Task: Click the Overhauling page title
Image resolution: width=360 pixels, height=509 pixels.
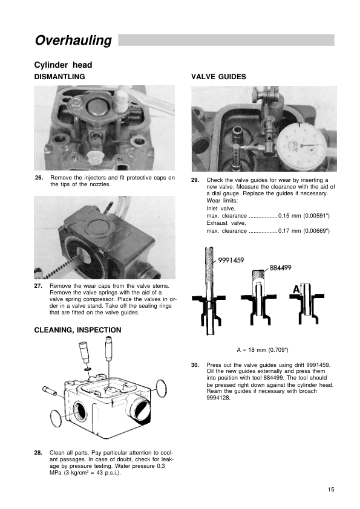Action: click(73, 41)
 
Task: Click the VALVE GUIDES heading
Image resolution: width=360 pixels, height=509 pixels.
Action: click(218, 77)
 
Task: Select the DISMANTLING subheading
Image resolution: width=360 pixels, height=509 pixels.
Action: click(59, 77)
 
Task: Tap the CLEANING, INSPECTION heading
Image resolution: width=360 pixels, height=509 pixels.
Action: click(77, 330)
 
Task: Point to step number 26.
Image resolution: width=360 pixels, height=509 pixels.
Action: click(39, 178)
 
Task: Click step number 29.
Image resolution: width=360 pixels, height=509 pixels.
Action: click(195, 180)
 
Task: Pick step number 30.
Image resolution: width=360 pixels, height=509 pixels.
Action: click(195, 365)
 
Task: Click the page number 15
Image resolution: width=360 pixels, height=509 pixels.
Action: click(331, 490)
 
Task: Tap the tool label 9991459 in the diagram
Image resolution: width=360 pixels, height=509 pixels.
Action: click(231, 260)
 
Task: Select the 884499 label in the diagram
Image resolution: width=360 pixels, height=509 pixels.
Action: click(280, 268)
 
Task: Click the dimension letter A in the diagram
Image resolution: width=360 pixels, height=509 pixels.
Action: click(296, 289)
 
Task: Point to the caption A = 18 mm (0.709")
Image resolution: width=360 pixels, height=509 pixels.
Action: click(263, 350)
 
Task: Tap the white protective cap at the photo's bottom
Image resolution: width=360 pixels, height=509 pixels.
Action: click(95, 157)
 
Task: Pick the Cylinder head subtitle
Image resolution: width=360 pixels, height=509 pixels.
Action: click(63, 65)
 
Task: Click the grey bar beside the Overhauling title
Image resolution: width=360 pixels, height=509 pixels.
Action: click(226, 40)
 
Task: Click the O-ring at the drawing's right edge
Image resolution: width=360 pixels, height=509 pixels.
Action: click(162, 388)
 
